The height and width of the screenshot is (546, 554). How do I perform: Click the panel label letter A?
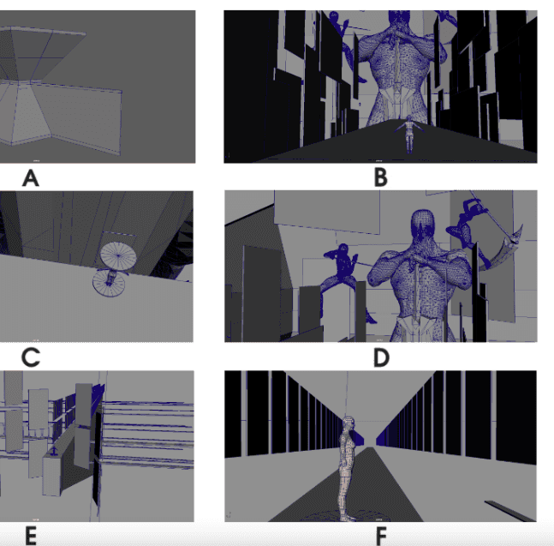[x=30, y=178]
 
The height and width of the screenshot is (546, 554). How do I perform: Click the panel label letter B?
[x=381, y=178]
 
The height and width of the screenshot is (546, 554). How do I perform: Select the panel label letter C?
[x=31, y=357]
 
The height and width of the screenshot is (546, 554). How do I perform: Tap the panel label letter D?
[x=381, y=357]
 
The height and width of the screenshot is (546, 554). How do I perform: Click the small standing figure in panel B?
[x=408, y=134]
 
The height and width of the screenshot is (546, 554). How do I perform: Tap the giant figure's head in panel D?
[x=423, y=225]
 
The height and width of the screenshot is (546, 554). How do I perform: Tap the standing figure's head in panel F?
[x=348, y=423]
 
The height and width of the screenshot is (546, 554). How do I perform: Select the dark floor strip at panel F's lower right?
[x=510, y=511]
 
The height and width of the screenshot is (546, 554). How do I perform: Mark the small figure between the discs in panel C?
[x=110, y=277]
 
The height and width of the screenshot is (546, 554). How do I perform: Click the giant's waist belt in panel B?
[x=398, y=96]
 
